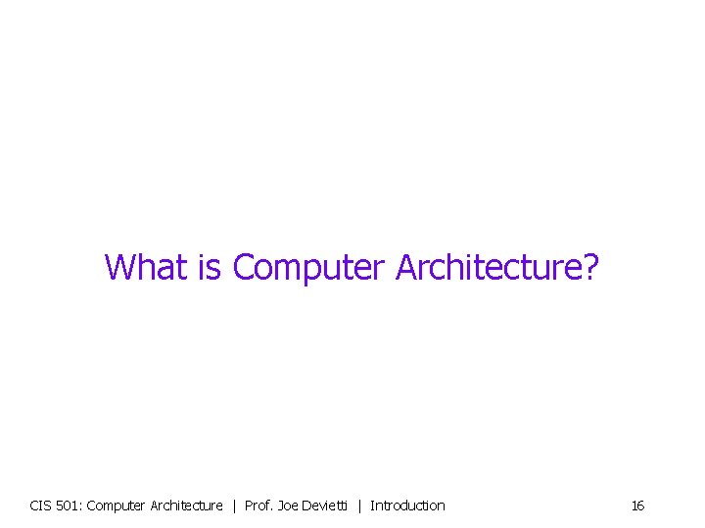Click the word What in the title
[x=147, y=266]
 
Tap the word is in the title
[x=211, y=266]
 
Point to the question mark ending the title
[x=588, y=266]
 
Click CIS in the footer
[x=41, y=506]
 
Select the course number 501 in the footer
[x=70, y=506]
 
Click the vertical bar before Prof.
[x=234, y=506]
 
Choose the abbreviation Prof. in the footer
[x=258, y=506]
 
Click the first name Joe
[x=289, y=506]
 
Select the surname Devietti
[x=326, y=506]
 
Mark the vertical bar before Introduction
[x=359, y=506]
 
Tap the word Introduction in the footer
[x=407, y=506]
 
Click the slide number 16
[x=637, y=506]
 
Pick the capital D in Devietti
[x=309, y=506]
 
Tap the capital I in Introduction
[x=372, y=506]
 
